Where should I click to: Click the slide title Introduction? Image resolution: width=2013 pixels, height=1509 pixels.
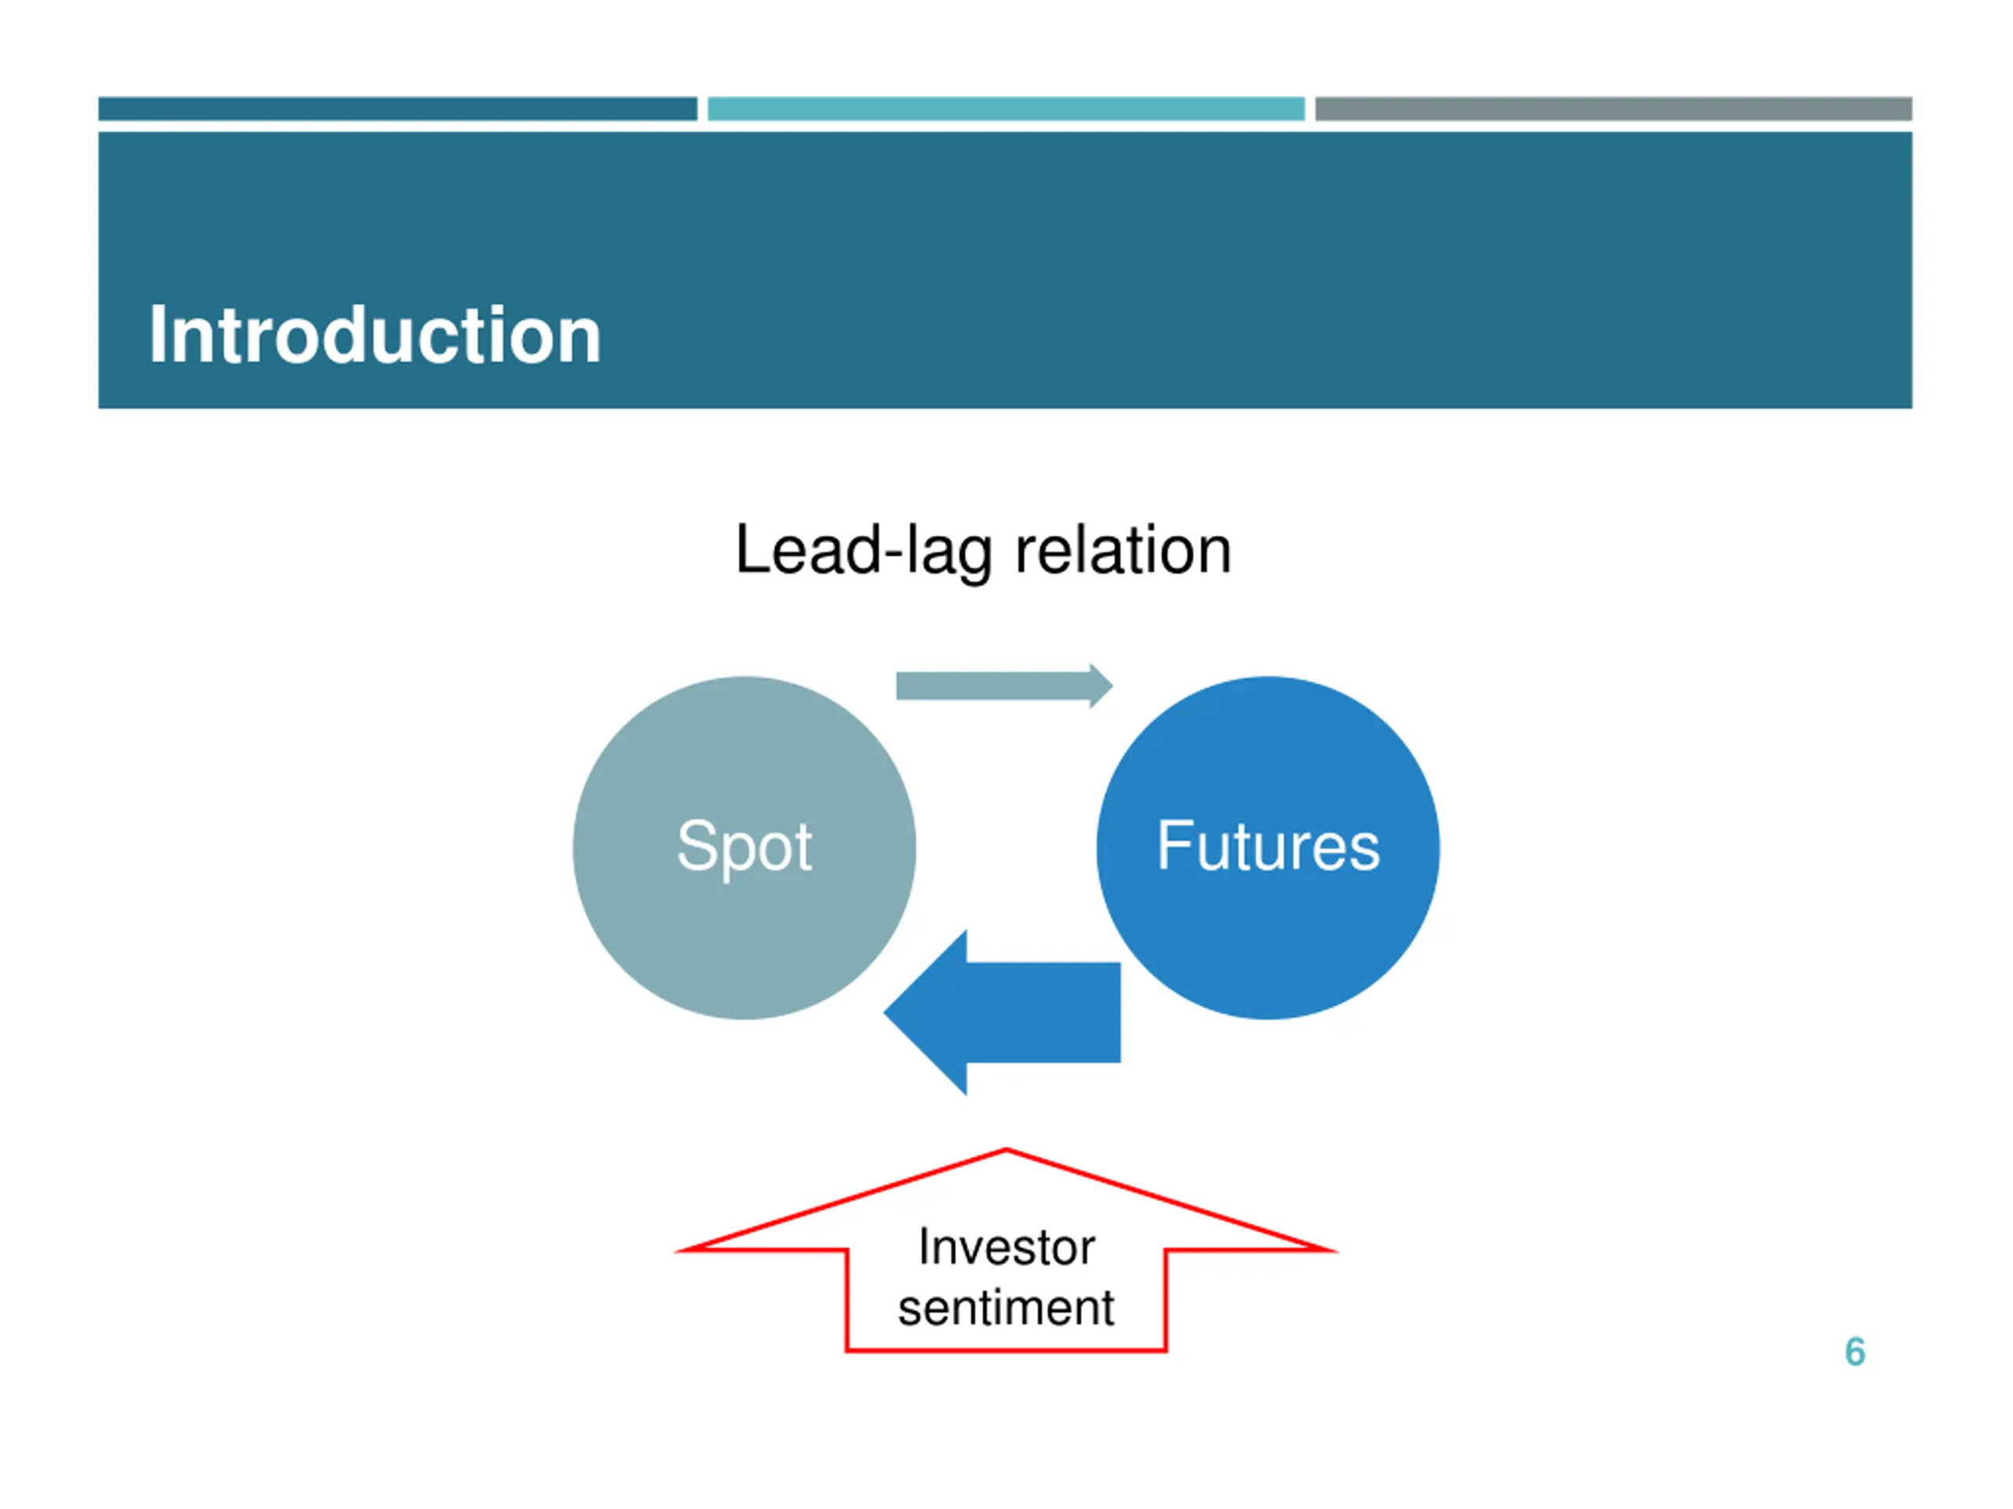point(374,336)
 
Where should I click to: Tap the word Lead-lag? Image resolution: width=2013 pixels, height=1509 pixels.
point(863,551)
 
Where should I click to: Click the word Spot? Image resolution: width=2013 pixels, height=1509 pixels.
point(744,846)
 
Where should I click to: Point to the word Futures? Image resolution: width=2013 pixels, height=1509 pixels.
point(1268,846)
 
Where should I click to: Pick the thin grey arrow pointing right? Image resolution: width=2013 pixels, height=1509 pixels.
point(992,686)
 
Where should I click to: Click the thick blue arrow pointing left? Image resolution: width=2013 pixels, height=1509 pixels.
point(1019,1012)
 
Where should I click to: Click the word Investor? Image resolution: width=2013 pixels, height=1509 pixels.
point(1006,1247)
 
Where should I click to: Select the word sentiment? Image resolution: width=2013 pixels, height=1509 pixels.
point(1006,1308)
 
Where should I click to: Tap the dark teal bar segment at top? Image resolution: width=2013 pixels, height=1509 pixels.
point(398,109)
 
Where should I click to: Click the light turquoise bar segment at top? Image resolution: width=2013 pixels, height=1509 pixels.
point(1006,109)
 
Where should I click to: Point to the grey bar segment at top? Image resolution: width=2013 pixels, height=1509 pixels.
point(1613,109)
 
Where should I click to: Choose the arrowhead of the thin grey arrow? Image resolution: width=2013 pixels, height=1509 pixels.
point(1100,686)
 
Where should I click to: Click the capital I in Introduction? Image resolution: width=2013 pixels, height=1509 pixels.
point(156,336)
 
